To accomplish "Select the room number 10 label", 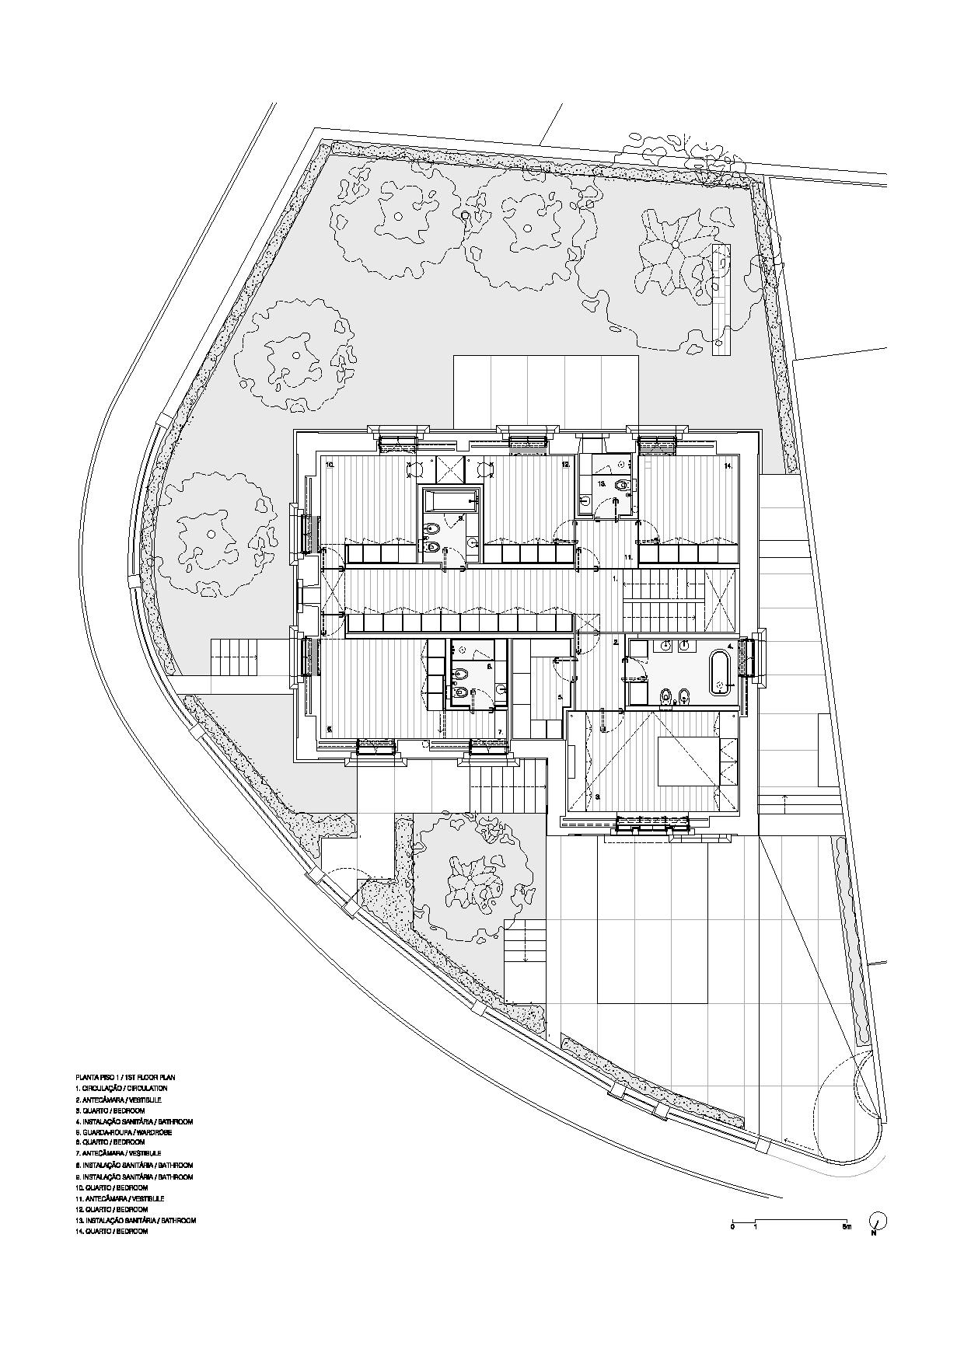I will click(330, 465).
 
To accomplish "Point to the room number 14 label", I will click(728, 465).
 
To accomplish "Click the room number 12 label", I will click(566, 465).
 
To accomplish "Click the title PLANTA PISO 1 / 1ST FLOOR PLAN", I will click(125, 1077).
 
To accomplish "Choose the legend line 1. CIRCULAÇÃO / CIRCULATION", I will click(120, 1088).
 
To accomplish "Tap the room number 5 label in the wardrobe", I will click(560, 698).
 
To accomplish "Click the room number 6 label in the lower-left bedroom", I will click(330, 729).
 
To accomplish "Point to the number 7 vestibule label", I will click(501, 732).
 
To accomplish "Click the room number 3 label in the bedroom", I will click(597, 797).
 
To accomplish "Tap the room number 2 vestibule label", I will click(616, 643).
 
